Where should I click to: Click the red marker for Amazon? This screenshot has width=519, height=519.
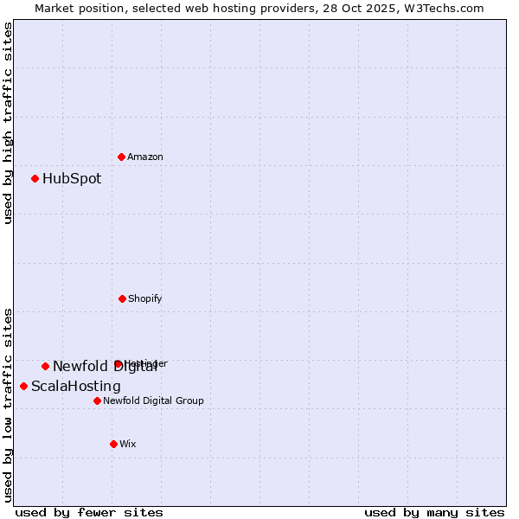click(121, 157)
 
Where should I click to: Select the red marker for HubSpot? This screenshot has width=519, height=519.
click(35, 179)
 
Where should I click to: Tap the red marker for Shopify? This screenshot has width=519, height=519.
click(122, 298)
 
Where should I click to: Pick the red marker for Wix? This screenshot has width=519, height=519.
click(113, 444)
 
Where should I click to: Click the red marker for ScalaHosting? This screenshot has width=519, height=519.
click(24, 386)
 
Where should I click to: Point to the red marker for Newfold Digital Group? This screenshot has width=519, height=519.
click(97, 400)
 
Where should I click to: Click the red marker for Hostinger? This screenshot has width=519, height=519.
click(118, 364)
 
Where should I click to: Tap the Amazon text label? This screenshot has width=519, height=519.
click(145, 157)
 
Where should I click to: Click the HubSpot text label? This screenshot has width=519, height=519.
click(72, 179)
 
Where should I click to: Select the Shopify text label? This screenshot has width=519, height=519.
click(145, 298)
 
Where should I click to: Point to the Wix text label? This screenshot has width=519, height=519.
click(128, 444)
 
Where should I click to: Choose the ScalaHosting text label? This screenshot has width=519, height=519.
click(76, 386)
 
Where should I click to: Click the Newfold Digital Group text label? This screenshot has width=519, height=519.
click(154, 400)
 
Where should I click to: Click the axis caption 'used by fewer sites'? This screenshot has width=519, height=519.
click(89, 512)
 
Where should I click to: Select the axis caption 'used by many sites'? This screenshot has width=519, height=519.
click(434, 512)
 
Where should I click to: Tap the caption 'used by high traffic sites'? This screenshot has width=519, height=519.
click(8, 123)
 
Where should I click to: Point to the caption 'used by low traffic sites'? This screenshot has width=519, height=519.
click(8, 405)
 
